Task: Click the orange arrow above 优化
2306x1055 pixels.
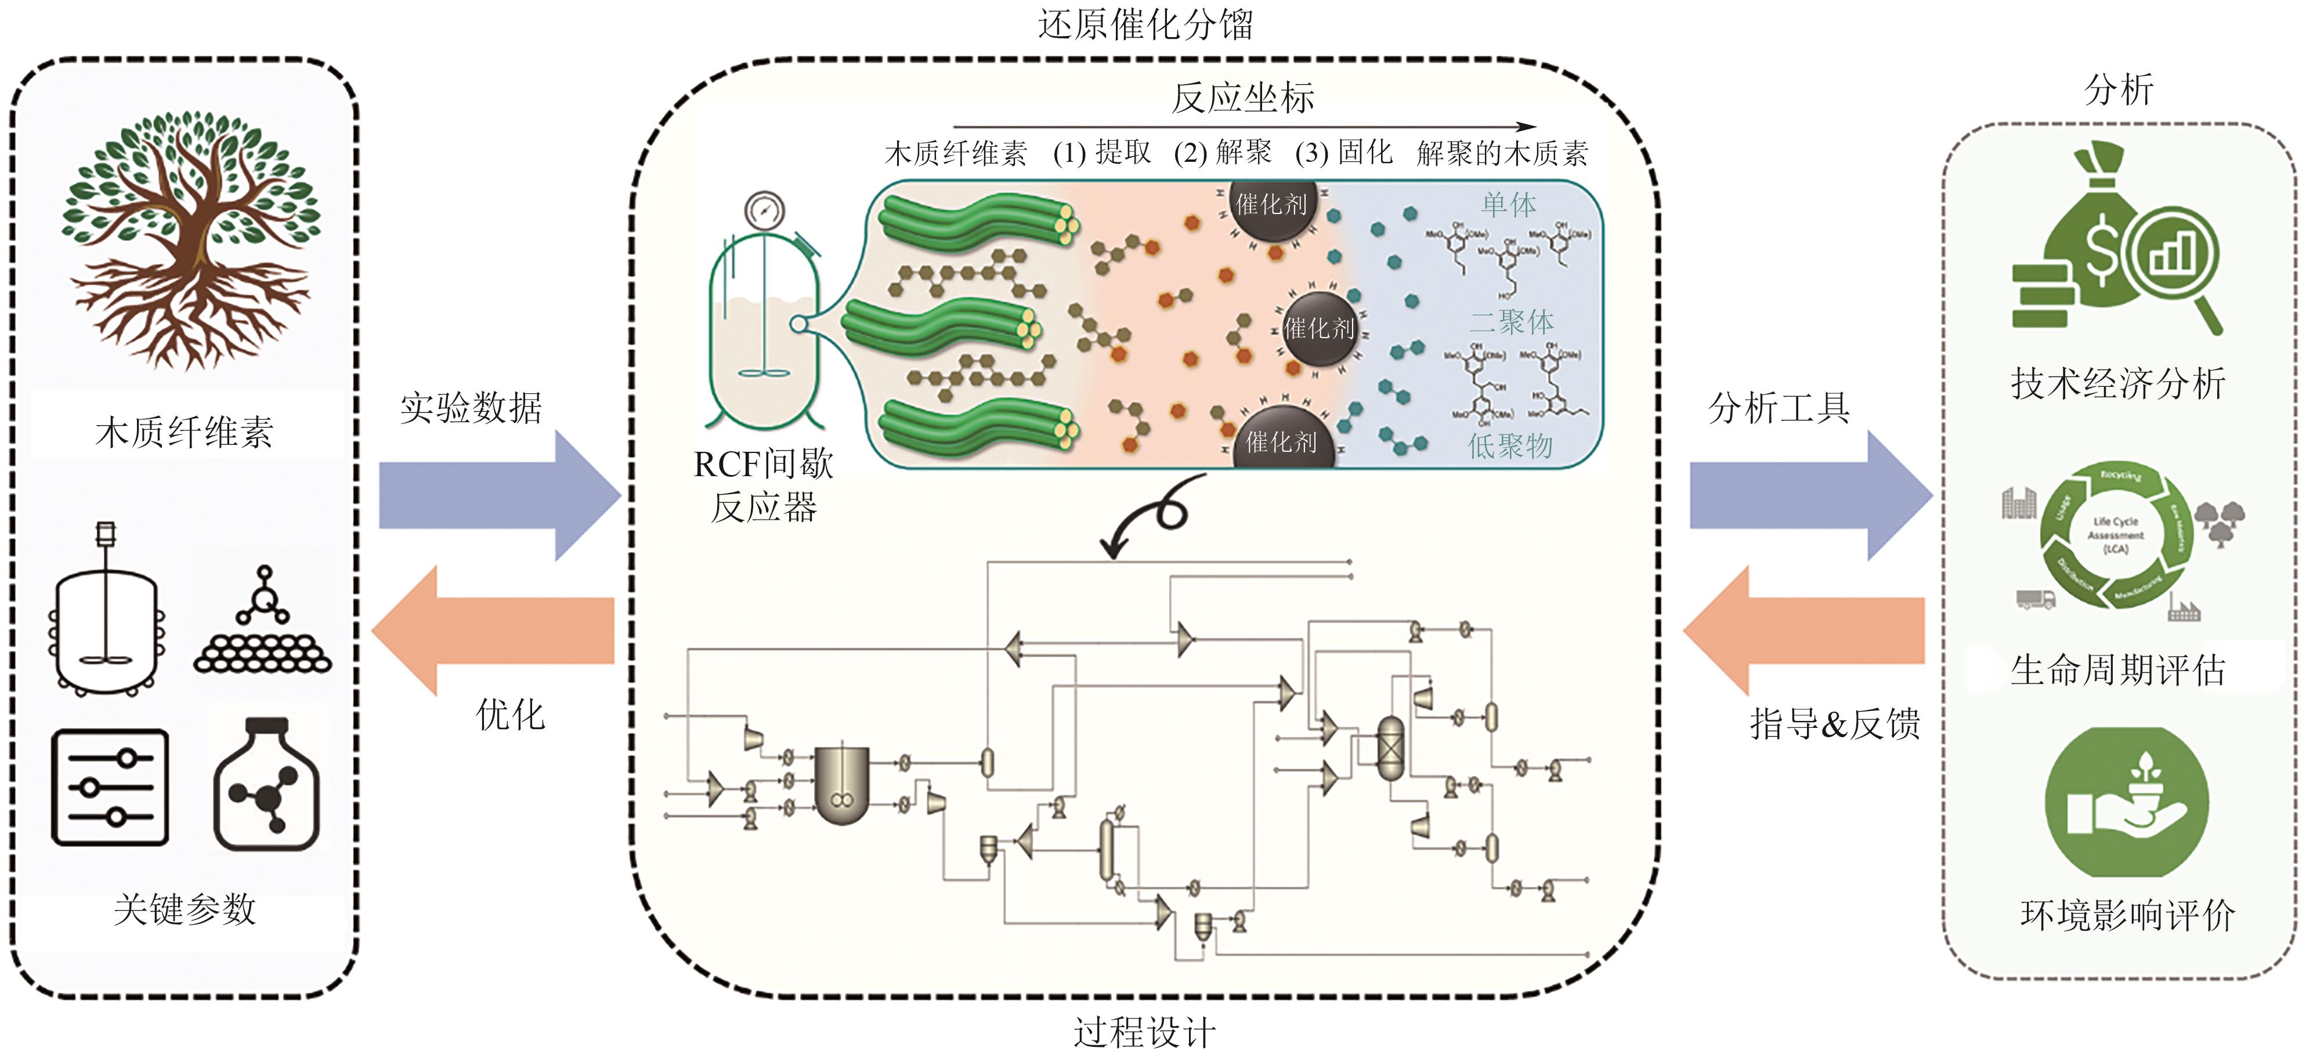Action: coord(492,631)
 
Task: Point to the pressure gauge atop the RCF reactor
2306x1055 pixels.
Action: coord(764,211)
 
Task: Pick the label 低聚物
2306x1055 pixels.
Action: coord(1509,445)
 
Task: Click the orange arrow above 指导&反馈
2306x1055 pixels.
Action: coord(1804,631)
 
